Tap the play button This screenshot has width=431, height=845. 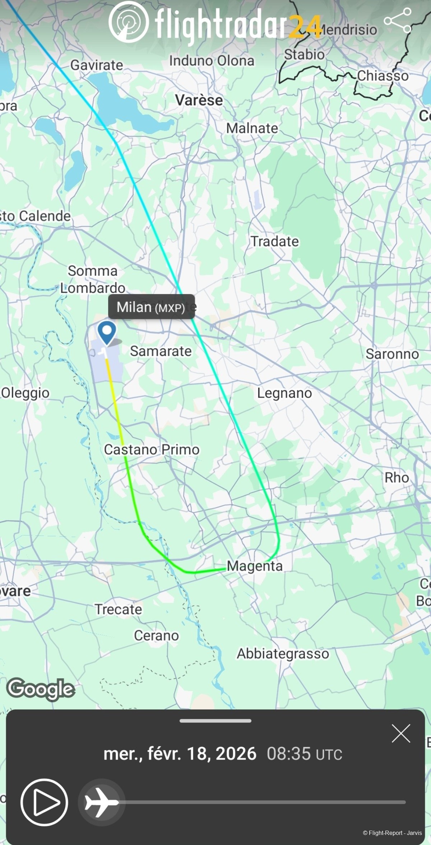click(44, 802)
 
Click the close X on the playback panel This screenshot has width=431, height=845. click(401, 733)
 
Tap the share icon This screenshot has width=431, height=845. click(398, 21)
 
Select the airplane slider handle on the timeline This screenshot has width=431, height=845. click(101, 802)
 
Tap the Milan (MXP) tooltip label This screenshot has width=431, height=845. click(151, 307)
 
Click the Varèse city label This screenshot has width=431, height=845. click(199, 100)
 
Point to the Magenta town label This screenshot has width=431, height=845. click(255, 566)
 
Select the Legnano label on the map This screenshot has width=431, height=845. click(284, 393)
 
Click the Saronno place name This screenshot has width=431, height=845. click(392, 354)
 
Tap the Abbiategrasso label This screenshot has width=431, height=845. click(283, 654)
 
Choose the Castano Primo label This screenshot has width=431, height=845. click(152, 449)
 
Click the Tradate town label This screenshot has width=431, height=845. click(274, 241)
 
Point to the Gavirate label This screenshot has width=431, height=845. click(97, 65)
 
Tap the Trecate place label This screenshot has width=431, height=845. click(118, 609)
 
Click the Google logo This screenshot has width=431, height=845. click(41, 689)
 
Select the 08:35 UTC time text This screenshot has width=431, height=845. click(304, 754)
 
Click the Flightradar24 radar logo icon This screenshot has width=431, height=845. click(129, 22)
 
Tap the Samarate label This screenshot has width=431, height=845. click(161, 351)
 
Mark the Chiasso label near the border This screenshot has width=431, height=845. click(383, 76)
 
